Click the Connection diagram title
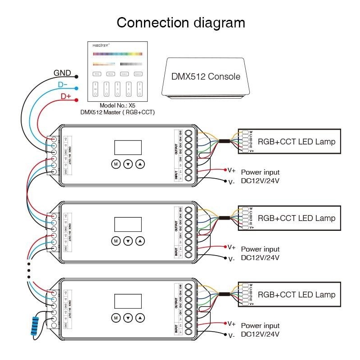click(x=181, y=23)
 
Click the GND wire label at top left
click(x=62, y=73)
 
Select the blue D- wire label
click(x=63, y=85)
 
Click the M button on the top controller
click(x=116, y=164)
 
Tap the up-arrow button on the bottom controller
click(x=141, y=318)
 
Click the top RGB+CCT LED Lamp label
click(x=296, y=142)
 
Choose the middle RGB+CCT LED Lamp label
click(x=296, y=218)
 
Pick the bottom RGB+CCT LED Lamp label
click(x=296, y=295)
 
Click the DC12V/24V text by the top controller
click(x=260, y=181)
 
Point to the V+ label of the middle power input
click(x=231, y=247)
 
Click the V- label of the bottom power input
click(x=231, y=335)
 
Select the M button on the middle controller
click(x=116, y=241)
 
